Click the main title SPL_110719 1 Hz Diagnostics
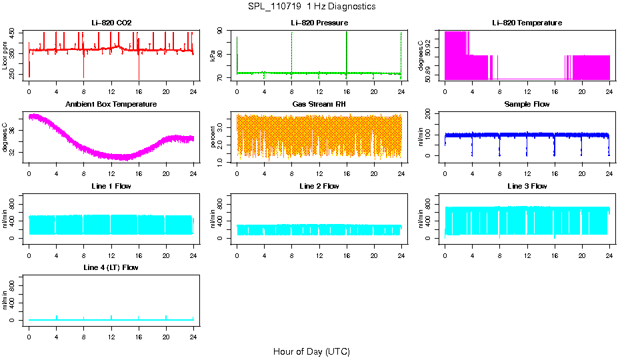[311, 7]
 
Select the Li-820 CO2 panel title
[111, 23]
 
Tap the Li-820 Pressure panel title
[319, 23]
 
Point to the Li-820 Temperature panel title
[527, 23]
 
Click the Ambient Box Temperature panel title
[111, 104]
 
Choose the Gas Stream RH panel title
[319, 104]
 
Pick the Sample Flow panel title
[527, 104]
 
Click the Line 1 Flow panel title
[111, 186]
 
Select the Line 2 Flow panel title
[319, 186]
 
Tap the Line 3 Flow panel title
[527, 186]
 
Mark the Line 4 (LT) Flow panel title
[111, 267]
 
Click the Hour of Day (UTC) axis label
[311, 351]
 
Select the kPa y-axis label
[213, 55]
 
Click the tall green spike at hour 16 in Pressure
[347, 50]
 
